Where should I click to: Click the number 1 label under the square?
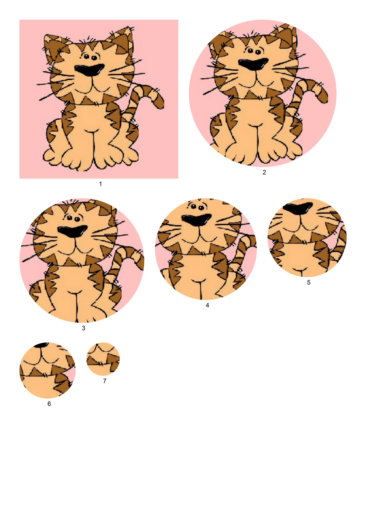pos(100,184)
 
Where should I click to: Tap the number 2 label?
pos(264,172)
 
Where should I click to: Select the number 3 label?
pos(83,328)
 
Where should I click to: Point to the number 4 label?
pos(207,305)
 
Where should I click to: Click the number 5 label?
pos(309,282)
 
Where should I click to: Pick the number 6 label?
pos(49,404)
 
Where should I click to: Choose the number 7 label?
pos(105,381)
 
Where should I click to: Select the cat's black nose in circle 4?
pos(197,220)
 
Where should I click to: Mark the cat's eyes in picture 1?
pos(90,57)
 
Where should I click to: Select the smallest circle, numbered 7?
pos(103,359)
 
